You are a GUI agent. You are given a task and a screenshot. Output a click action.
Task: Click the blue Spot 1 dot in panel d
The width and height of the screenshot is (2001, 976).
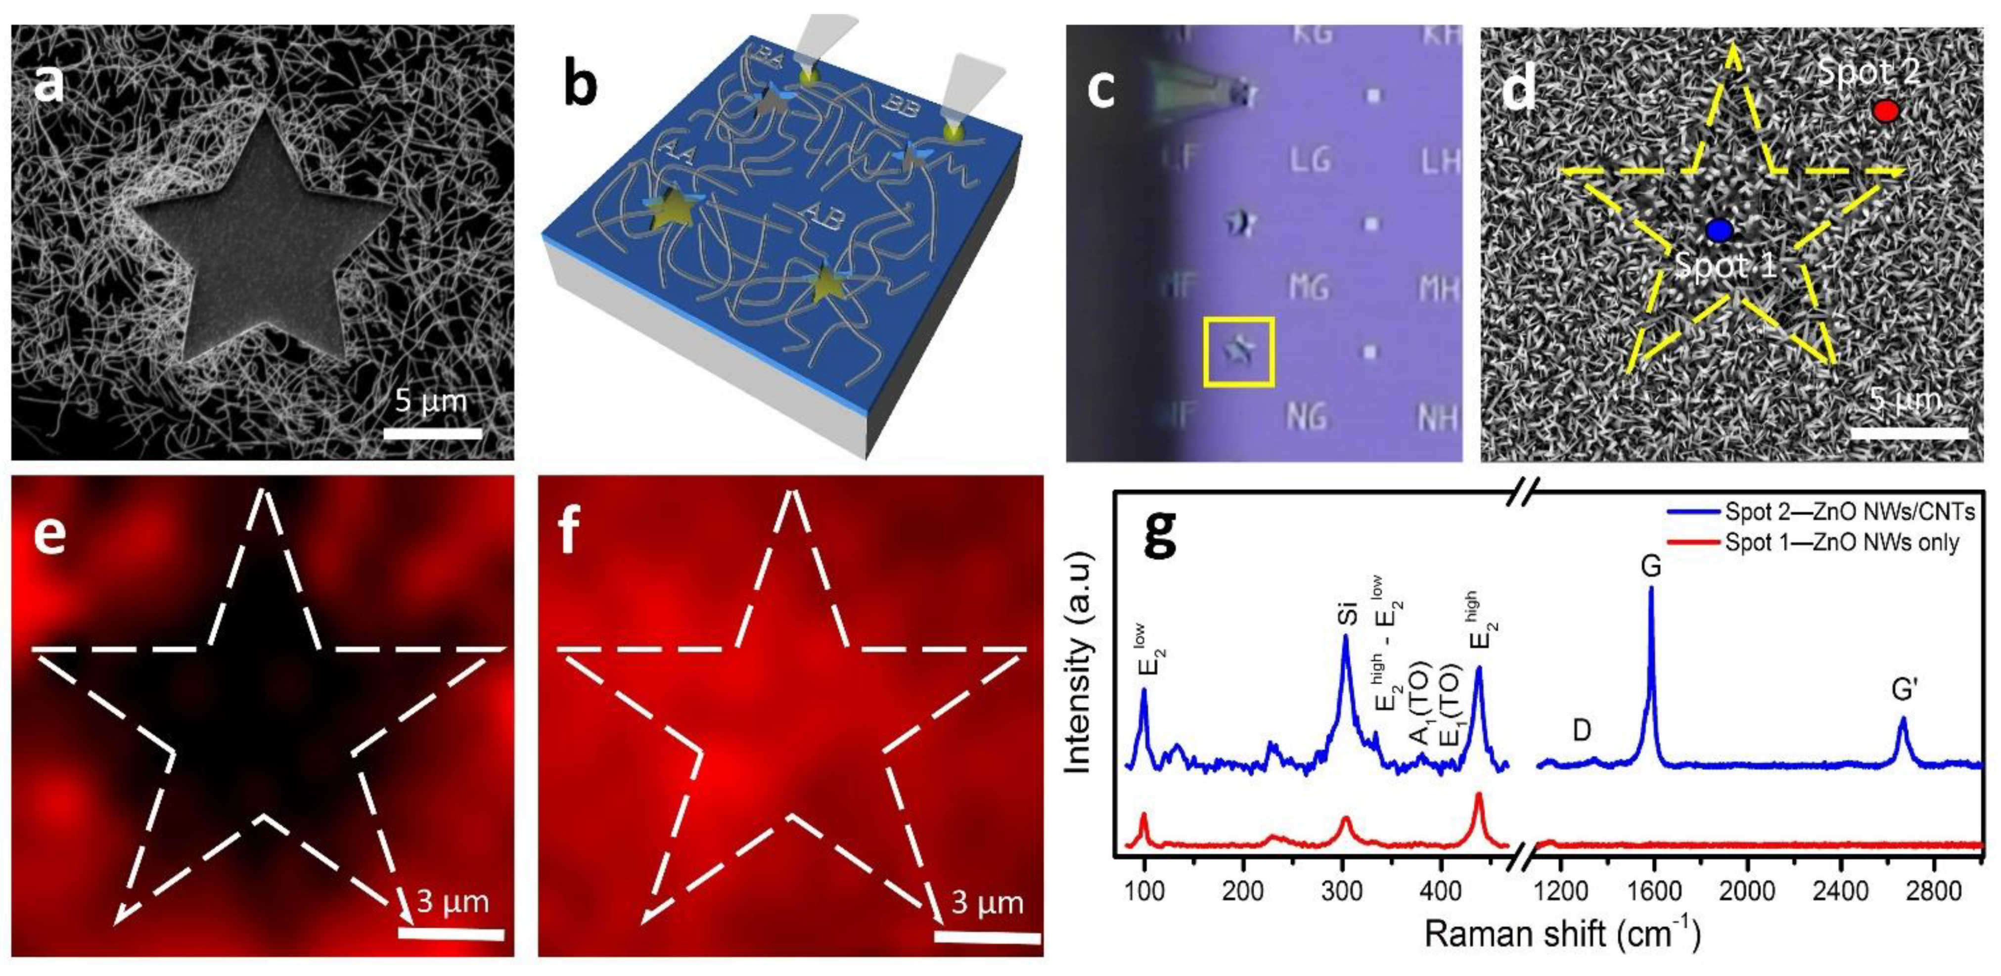pyautogui.click(x=1720, y=230)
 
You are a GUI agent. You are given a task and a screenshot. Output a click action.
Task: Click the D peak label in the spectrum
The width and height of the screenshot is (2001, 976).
pyautogui.click(x=1582, y=730)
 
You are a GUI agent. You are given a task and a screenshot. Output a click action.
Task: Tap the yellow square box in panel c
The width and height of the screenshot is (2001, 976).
pyautogui.click(x=1238, y=351)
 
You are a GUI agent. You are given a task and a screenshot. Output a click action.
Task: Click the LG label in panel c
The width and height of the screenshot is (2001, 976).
pyautogui.click(x=1311, y=161)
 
